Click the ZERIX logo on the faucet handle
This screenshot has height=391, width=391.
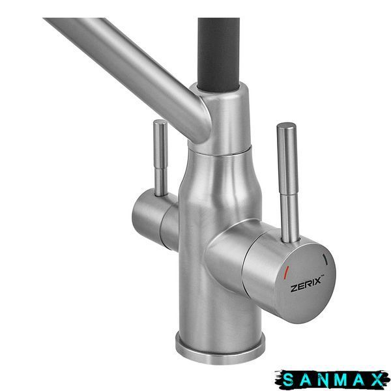[x=307, y=284]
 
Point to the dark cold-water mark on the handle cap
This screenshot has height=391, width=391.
[x=325, y=259]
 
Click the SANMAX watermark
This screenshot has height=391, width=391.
[x=332, y=380]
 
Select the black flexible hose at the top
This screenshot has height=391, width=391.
[x=218, y=53]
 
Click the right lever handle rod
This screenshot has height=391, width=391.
[x=288, y=182]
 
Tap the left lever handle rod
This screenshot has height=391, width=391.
[x=160, y=158]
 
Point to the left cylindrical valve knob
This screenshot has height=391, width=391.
[x=154, y=220]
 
